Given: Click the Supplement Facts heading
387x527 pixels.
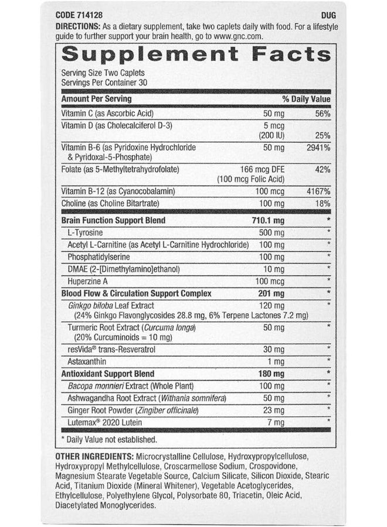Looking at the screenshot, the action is [196, 54].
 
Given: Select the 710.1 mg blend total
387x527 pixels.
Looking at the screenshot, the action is [267, 220].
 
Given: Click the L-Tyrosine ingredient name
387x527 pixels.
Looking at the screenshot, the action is [87, 233].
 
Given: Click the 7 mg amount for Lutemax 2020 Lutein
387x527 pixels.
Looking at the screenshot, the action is [276, 422].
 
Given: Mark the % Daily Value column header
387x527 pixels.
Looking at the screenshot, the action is [306, 99].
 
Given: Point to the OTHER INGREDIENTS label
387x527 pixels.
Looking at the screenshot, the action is [94, 456].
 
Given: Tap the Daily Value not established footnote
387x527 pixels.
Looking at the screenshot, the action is [110, 439].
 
